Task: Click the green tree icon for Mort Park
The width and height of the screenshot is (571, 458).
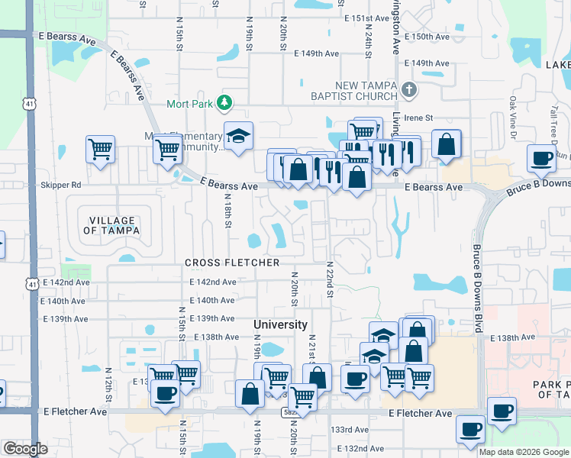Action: tap(224, 102)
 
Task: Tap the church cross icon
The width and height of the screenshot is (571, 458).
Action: tap(409, 90)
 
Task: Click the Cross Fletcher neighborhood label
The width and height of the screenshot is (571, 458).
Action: tap(232, 263)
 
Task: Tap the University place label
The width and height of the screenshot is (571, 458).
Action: tap(280, 324)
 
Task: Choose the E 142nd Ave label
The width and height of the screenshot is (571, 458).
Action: tap(213, 282)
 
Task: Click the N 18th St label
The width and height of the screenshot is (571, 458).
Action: tap(227, 211)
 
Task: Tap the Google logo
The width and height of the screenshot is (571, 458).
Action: tap(25, 449)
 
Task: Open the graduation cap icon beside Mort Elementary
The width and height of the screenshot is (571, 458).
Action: tap(238, 136)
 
